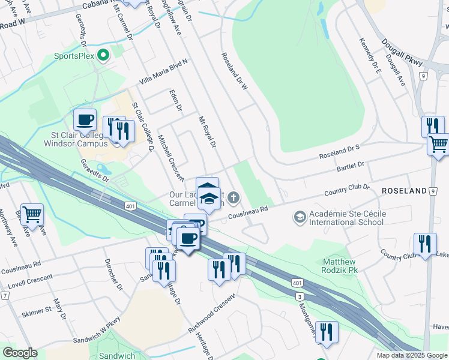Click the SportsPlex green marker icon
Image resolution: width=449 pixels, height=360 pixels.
(103, 56)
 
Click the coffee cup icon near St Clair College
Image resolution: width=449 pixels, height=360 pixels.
(85, 119)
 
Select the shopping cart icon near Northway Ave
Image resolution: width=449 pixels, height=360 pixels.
(32, 213)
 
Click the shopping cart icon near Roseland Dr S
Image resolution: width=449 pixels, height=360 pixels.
(439, 145)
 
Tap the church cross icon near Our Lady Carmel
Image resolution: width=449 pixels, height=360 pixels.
(234, 197)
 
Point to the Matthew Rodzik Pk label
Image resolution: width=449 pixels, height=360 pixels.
(339, 266)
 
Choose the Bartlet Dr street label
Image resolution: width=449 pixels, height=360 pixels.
(351, 166)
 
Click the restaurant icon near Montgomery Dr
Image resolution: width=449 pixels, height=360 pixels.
(327, 333)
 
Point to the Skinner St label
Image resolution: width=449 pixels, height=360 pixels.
(37, 311)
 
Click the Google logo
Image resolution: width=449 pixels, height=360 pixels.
(20, 353)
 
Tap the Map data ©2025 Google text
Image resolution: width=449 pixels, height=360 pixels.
(412, 355)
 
